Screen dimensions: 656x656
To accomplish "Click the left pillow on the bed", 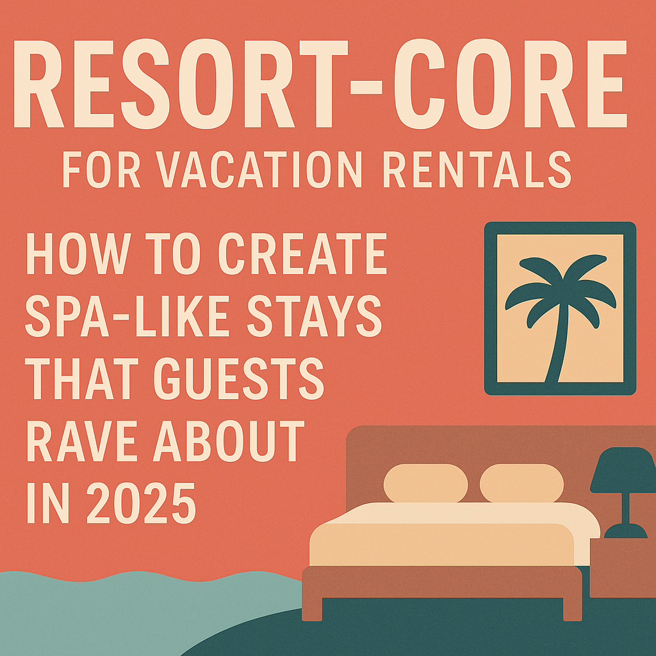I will [x=425, y=483].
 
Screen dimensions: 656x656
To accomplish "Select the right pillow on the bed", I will [x=521, y=483].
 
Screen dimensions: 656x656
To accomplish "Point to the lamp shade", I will [x=622, y=471].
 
